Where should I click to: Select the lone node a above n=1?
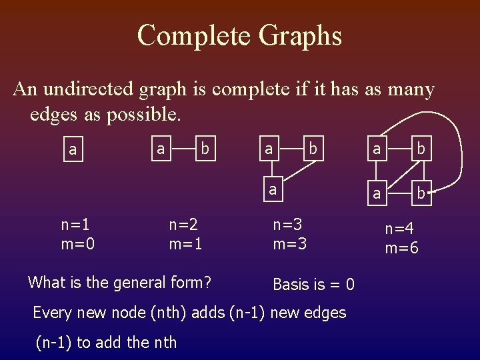point(73,150)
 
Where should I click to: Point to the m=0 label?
point(78,244)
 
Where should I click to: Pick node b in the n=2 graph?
point(205,149)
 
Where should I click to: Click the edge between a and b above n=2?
point(182,149)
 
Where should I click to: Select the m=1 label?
point(186,244)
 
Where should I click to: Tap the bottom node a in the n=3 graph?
point(271,189)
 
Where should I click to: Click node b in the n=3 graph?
point(311,149)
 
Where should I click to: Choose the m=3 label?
point(290,244)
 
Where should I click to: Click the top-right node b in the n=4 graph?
point(421,149)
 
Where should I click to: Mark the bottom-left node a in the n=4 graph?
point(377,194)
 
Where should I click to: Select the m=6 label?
point(402,249)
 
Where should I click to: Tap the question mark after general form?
point(207,283)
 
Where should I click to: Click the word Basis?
point(290,285)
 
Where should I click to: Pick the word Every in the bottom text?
point(53,312)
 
